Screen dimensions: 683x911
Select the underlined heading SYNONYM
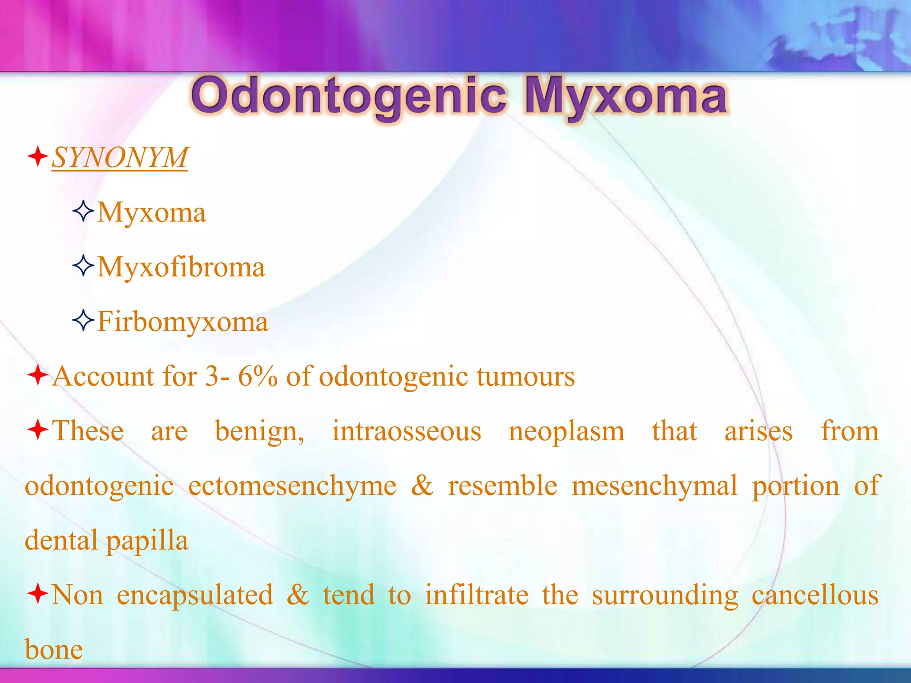120,158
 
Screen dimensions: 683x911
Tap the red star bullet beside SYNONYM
38,157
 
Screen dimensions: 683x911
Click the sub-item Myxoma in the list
152,213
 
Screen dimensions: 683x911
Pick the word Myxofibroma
181,267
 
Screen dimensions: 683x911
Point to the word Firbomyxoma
183,322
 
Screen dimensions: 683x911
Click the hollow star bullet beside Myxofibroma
83,266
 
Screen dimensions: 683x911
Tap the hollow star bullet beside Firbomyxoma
83,321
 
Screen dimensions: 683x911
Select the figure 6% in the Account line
258,377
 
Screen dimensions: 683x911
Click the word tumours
526,377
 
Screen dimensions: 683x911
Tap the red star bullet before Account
38,375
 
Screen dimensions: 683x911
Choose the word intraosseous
407,431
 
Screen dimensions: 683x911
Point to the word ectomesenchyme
292,486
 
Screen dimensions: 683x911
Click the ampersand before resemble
422,486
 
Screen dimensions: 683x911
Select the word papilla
147,542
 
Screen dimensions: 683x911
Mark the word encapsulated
195,596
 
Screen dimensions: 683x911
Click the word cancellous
815,595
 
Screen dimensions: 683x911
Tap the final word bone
54,650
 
